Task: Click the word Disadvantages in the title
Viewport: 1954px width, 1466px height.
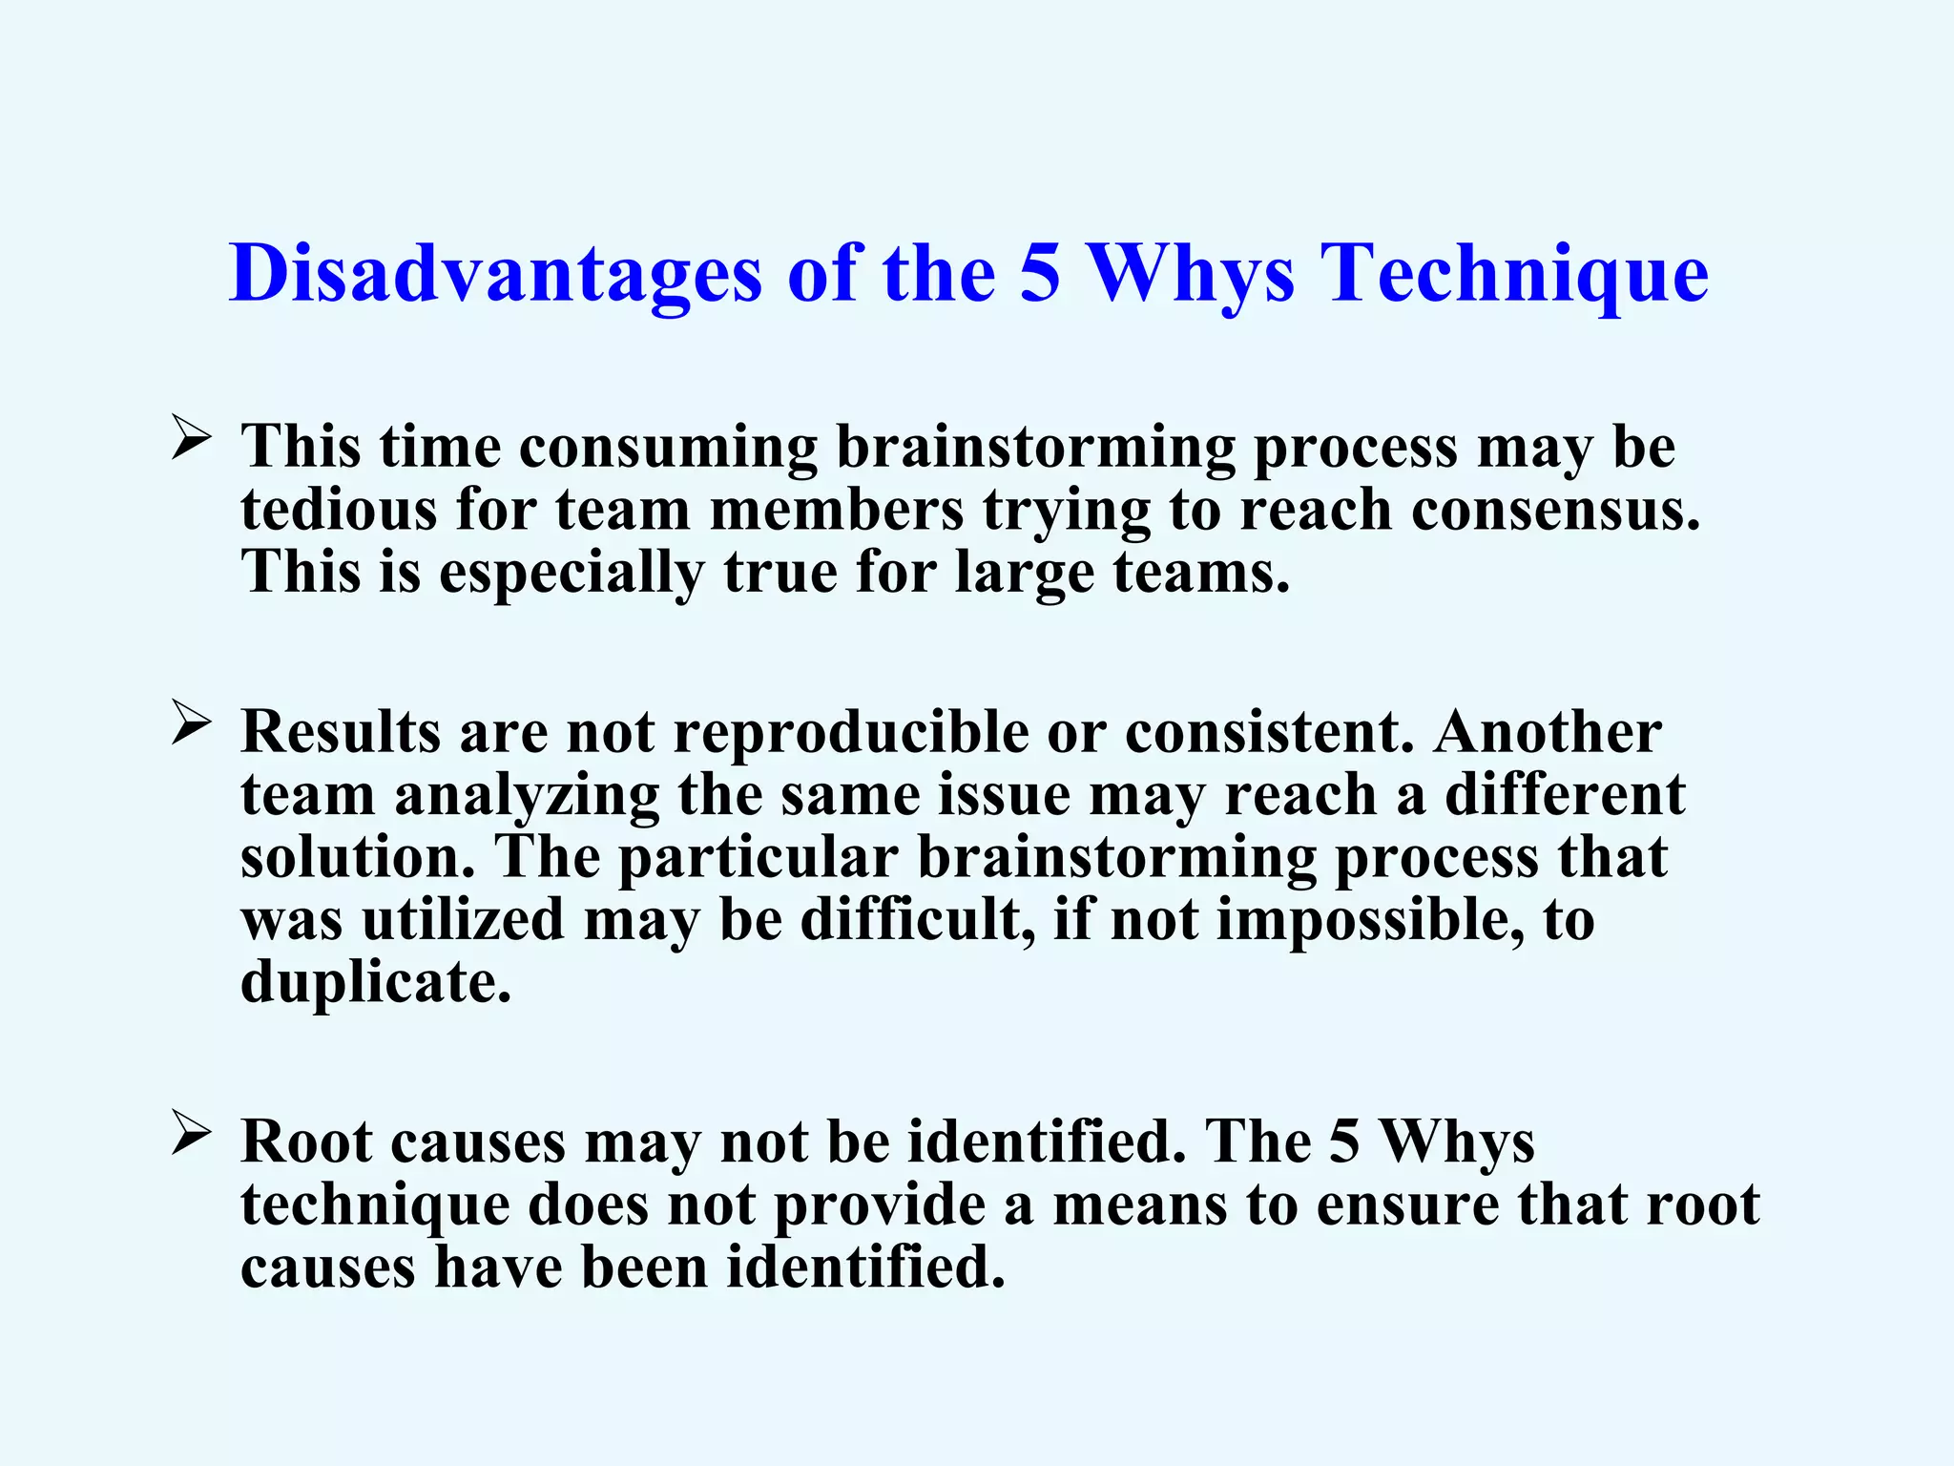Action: click(495, 274)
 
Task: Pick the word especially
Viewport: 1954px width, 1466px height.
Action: click(571, 573)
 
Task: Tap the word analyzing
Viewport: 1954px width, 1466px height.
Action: click(527, 796)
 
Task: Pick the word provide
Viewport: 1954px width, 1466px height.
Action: click(879, 1204)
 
